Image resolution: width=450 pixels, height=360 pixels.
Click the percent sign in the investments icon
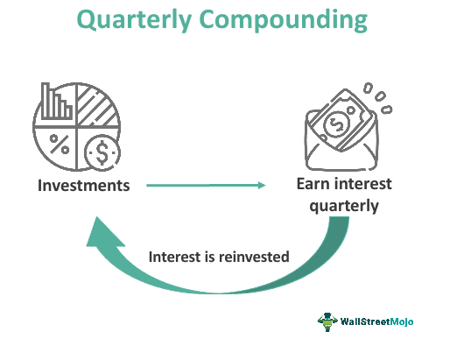pyautogui.click(x=58, y=142)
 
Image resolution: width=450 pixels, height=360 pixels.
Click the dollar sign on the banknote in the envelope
pyautogui.click(x=336, y=125)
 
